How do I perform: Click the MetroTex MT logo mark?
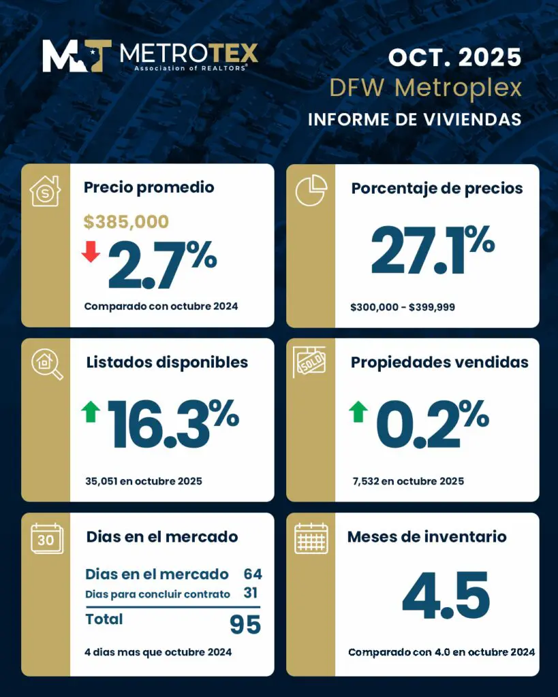[x=77, y=55]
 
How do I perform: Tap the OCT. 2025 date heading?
[x=454, y=57]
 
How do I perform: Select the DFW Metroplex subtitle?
[x=425, y=88]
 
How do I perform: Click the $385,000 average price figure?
[x=126, y=221]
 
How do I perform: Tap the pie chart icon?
[x=311, y=190]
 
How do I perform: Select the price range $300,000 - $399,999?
[x=403, y=308]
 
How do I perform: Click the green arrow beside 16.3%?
[x=91, y=411]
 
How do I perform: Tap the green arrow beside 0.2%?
[x=358, y=411]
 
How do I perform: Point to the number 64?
[x=252, y=574]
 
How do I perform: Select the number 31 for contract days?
[x=251, y=594]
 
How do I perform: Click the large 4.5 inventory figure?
[x=446, y=596]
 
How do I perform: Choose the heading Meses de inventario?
[x=427, y=536]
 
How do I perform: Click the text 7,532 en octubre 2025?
[x=407, y=481]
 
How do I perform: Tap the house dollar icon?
[x=46, y=191]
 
